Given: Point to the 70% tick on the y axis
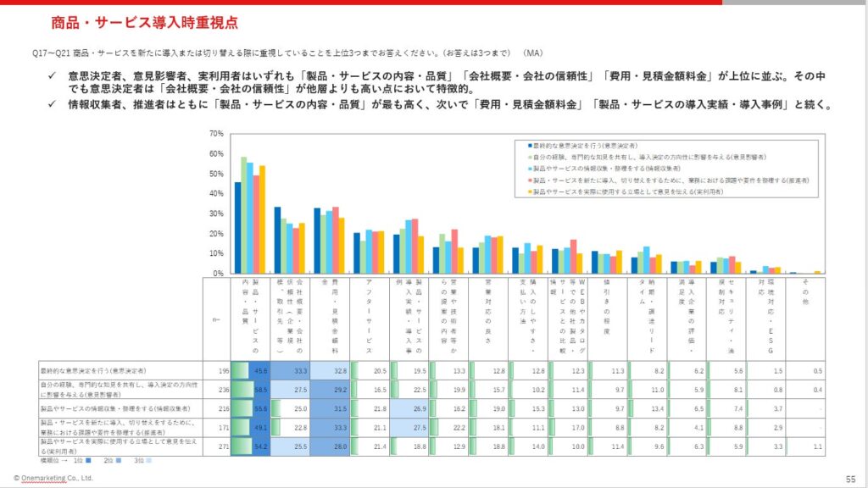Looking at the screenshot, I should (x=214, y=134).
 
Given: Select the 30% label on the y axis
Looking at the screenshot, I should (x=214, y=214).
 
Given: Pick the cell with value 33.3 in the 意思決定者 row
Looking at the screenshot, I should (x=296, y=371).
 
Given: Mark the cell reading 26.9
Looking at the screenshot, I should (x=415, y=408).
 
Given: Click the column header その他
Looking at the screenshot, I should (x=806, y=292).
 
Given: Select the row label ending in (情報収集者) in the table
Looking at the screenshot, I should (x=119, y=408).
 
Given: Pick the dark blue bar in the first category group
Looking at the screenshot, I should (x=238, y=228).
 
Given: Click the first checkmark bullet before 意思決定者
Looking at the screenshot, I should (x=51, y=75).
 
